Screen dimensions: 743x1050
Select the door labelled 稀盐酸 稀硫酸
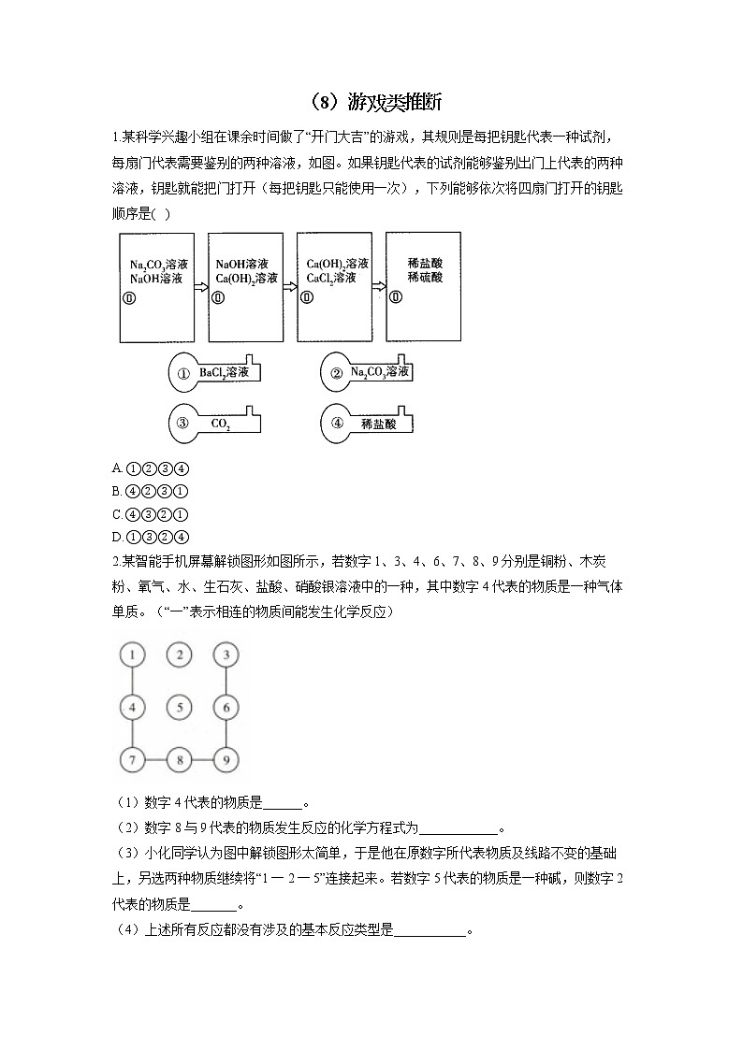423,285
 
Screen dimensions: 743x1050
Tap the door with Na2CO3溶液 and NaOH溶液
156,287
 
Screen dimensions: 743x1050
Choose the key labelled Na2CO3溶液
366,373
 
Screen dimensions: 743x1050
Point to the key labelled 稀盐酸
366,423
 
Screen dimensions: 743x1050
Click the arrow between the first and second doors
200,287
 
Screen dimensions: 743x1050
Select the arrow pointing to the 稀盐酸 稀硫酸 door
378,287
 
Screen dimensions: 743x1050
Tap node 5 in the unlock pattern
180,708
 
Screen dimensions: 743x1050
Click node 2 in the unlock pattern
180,654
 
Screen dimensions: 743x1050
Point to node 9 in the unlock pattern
226,760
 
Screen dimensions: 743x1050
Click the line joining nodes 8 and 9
203,760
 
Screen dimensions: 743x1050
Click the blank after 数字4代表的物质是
284,804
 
